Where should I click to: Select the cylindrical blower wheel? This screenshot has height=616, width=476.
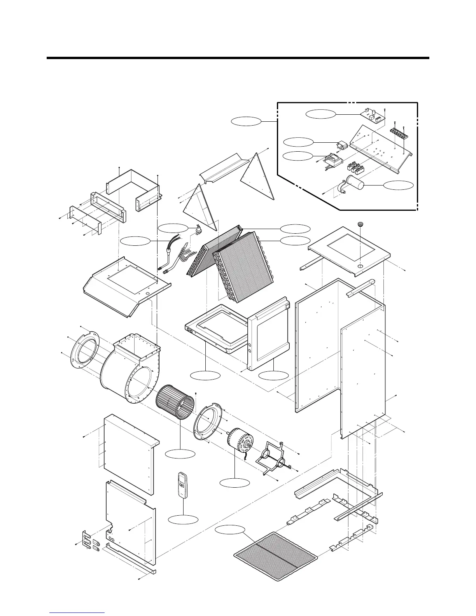[x=175, y=401]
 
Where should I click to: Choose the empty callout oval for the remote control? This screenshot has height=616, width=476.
[x=183, y=519]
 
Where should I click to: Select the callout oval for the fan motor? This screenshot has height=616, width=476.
[x=234, y=483]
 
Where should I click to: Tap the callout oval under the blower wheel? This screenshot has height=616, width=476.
[x=180, y=453]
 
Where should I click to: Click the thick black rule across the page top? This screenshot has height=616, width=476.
[x=238, y=58]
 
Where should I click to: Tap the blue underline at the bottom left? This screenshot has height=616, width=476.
[x=77, y=612]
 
